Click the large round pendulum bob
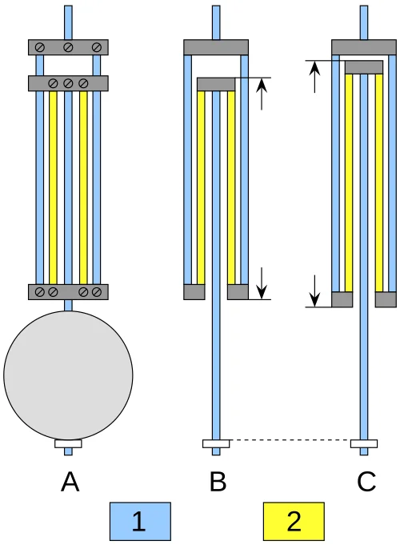68,375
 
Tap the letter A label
70,482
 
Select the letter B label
218,482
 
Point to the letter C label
366,482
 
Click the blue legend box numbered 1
140,521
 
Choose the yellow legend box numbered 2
294,521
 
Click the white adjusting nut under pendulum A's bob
68,443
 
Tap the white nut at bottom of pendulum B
216,443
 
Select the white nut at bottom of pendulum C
364,443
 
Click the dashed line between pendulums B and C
290,440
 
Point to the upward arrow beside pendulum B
262,94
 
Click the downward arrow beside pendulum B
262,283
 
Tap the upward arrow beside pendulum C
314,77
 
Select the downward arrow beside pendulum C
314,291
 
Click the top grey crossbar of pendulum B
216,47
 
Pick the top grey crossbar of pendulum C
364,47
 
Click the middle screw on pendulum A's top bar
68,47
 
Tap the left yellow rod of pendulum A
53,188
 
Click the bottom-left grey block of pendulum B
194,291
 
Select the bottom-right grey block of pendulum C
386,299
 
